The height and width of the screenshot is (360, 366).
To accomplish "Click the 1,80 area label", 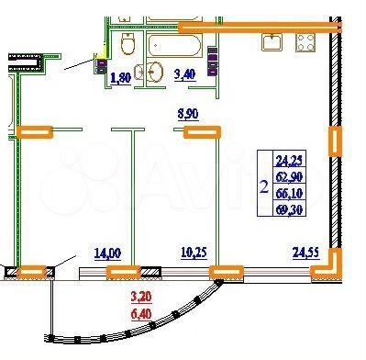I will (120, 77).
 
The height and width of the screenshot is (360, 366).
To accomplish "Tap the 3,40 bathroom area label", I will (183, 75).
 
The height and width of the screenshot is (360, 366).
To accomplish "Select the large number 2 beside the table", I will (264, 188).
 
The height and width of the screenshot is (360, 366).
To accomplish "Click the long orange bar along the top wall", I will (275, 28).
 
